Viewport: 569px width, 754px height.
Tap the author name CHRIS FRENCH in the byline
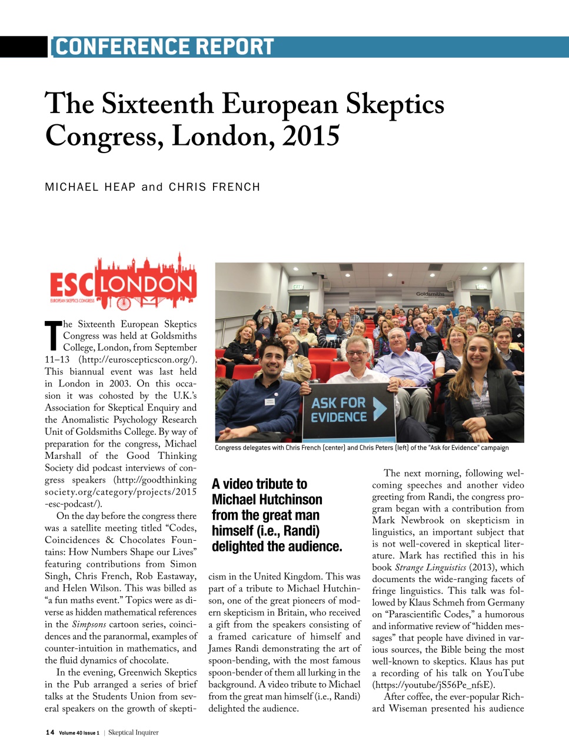coord(214,187)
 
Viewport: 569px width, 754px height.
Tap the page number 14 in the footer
coord(50,732)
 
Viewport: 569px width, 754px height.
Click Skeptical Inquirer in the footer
coord(134,732)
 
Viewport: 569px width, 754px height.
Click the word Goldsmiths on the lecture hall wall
coord(430,293)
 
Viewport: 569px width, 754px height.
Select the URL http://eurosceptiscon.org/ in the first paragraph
coord(138,359)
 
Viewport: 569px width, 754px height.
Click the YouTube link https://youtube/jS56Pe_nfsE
coord(434,684)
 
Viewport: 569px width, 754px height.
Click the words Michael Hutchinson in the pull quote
coord(267,500)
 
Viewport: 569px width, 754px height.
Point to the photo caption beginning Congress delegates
coord(361,448)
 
